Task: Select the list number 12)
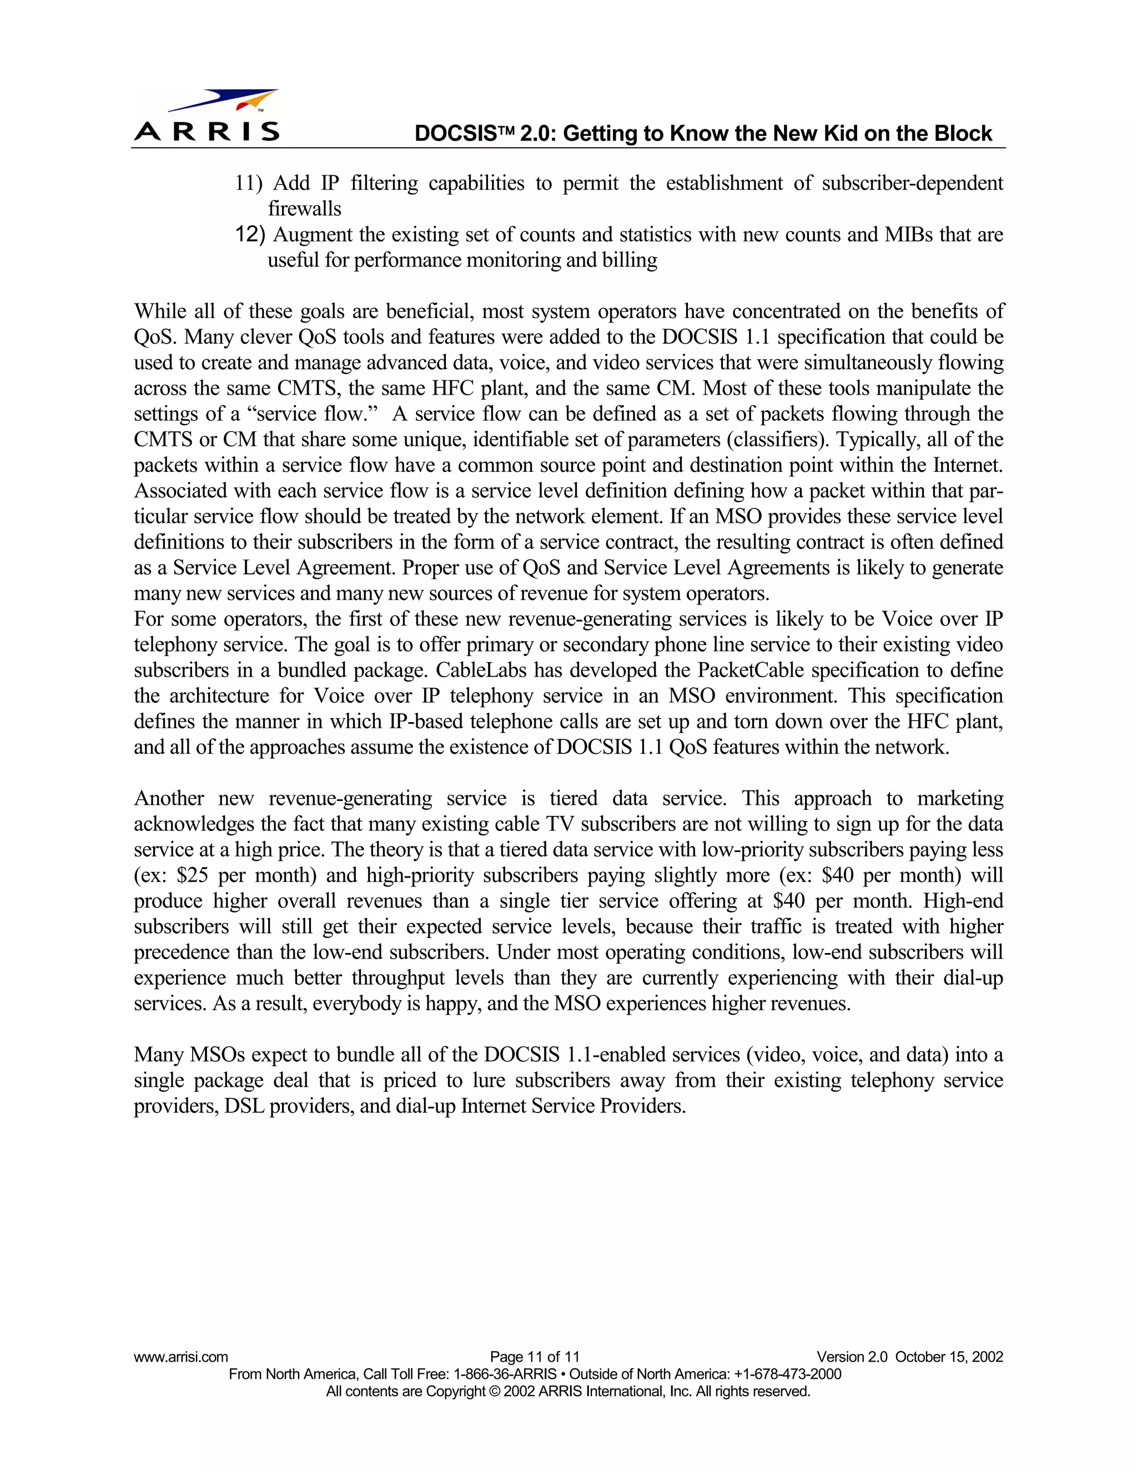(x=250, y=234)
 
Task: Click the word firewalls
(x=304, y=209)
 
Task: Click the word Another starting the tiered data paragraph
(x=169, y=799)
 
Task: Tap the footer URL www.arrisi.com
(x=180, y=1357)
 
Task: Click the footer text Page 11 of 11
(x=534, y=1357)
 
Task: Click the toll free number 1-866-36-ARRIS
(x=505, y=1374)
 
